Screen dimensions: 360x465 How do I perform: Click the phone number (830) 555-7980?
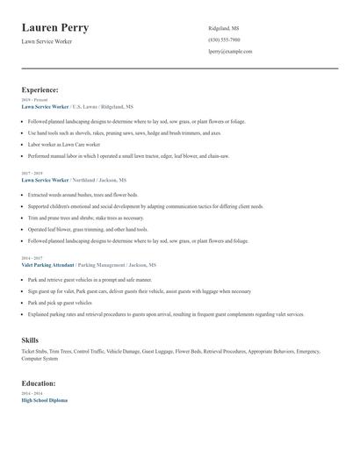pyautogui.click(x=225, y=40)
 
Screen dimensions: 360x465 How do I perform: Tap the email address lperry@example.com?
pyautogui.click(x=230, y=52)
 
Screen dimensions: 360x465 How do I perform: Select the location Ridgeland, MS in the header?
pyautogui.click(x=224, y=28)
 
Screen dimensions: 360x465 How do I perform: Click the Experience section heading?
pyautogui.click(x=40, y=89)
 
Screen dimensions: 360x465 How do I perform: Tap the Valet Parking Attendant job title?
pyautogui.click(x=48, y=264)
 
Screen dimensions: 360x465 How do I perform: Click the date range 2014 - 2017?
pyautogui.click(x=32, y=258)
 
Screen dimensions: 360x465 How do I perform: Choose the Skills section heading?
pyautogui.click(x=31, y=339)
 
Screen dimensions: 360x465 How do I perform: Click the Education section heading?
pyautogui.click(x=40, y=383)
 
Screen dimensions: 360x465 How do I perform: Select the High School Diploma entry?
pyautogui.click(x=44, y=400)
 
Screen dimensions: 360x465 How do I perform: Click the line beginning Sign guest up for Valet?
pyautogui.click(x=139, y=291)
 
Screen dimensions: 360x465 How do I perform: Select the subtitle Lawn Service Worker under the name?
pyautogui.click(x=47, y=41)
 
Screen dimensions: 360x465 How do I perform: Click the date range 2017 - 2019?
pyautogui.click(x=32, y=173)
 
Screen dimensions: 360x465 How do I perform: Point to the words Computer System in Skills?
pyautogui.click(x=40, y=359)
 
